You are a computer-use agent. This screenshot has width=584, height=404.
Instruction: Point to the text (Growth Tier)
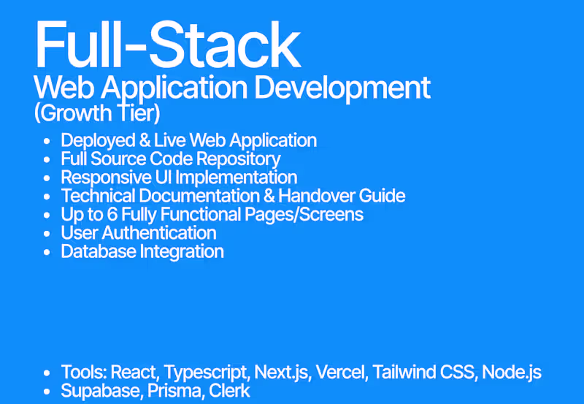click(x=97, y=115)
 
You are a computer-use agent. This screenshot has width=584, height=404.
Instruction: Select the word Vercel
click(x=342, y=373)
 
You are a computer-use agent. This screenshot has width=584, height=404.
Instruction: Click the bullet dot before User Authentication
click(x=47, y=234)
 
